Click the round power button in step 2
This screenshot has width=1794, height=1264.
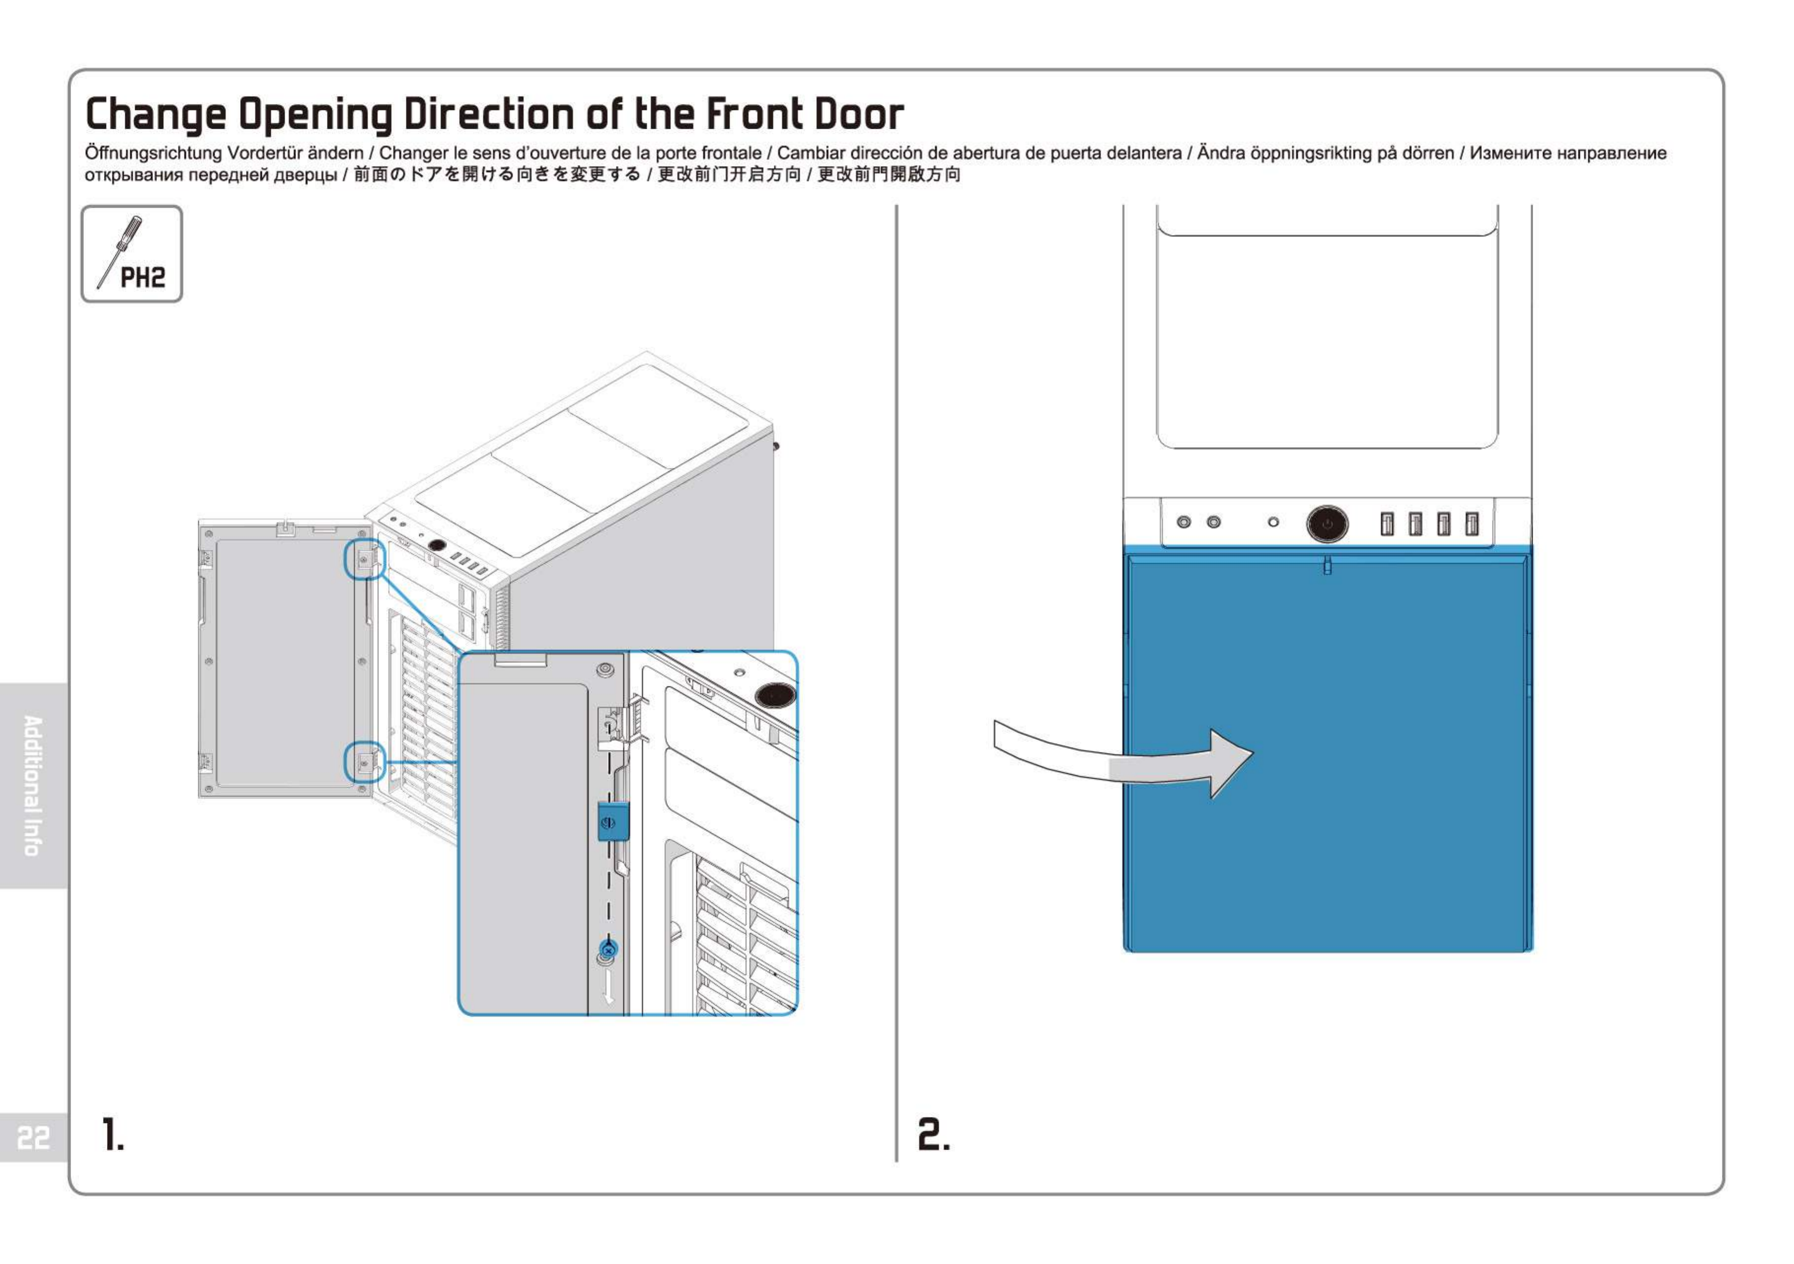point(1327,524)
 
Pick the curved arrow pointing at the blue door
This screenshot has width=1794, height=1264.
point(1124,762)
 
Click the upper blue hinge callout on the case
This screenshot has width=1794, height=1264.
point(365,558)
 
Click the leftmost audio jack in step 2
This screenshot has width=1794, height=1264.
point(1184,522)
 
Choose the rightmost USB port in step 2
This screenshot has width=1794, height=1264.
point(1471,524)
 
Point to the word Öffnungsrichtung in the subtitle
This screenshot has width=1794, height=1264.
point(153,153)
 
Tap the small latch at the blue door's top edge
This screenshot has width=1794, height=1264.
point(1327,565)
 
